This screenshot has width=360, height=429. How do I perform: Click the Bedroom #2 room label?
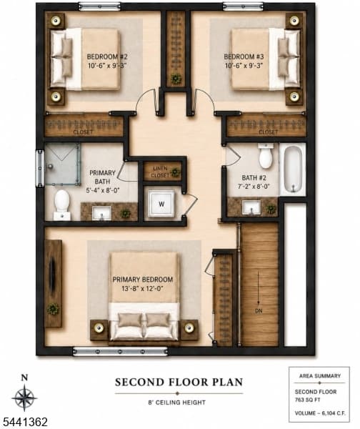point(107,57)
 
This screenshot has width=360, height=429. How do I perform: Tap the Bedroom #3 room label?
point(244,57)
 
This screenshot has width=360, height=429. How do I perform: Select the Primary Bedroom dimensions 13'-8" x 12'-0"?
point(143,289)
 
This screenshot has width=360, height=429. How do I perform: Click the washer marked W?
point(161,204)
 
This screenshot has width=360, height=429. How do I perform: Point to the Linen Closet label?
point(160,172)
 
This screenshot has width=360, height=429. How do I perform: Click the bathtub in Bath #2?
point(293,169)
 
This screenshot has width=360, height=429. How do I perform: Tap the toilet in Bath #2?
point(266,155)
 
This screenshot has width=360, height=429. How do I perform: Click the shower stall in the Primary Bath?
point(62,164)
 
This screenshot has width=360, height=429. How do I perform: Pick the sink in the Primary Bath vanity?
point(101,213)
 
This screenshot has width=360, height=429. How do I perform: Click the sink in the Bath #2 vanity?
point(251,207)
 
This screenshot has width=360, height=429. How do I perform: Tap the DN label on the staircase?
point(259,311)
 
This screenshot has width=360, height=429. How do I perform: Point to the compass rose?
point(24,398)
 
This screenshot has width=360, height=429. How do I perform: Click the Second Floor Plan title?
point(179,382)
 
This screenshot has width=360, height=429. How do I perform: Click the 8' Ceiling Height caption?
point(177,403)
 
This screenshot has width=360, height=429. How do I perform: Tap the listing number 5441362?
point(24,422)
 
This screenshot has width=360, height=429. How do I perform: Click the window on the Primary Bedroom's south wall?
point(120,351)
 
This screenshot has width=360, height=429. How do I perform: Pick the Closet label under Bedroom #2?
point(83,132)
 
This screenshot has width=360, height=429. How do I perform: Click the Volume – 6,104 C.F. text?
point(320,413)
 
